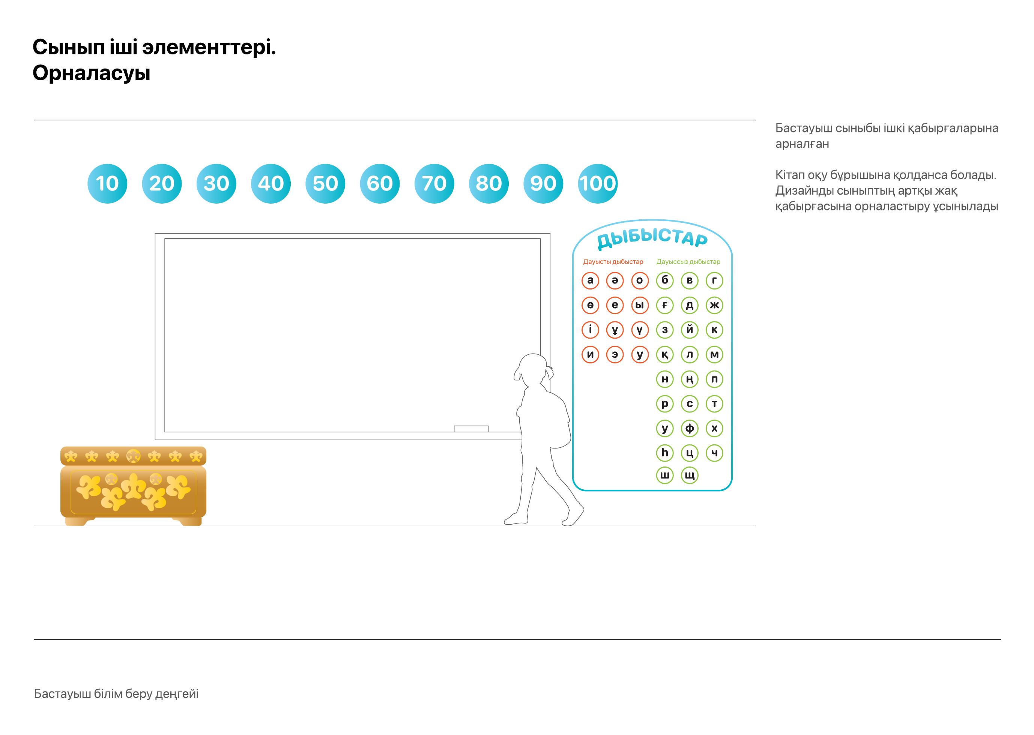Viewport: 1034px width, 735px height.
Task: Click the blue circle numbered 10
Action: click(x=107, y=183)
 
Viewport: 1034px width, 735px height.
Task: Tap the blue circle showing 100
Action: click(x=598, y=183)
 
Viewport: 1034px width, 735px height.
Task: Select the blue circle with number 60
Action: click(x=380, y=183)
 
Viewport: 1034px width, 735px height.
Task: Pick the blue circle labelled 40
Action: click(x=271, y=183)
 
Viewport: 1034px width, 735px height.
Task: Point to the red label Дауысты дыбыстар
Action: click(x=613, y=262)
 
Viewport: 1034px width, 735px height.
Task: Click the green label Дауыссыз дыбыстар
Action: click(x=688, y=262)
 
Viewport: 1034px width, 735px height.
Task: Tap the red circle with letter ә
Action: click(x=615, y=280)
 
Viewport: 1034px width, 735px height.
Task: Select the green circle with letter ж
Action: click(x=714, y=305)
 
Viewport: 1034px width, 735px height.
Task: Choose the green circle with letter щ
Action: click(x=690, y=475)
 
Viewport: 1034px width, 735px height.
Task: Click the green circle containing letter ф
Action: click(x=690, y=428)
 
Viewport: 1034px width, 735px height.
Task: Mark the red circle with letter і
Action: click(x=590, y=330)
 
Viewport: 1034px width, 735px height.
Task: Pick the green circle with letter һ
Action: click(x=664, y=453)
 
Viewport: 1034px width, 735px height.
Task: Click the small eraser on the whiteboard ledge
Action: click(x=471, y=429)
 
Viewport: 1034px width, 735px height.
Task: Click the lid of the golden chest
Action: click(x=133, y=456)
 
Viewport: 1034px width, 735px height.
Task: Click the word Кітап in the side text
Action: click(x=789, y=175)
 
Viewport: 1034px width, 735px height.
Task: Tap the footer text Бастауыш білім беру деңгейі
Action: click(x=116, y=694)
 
